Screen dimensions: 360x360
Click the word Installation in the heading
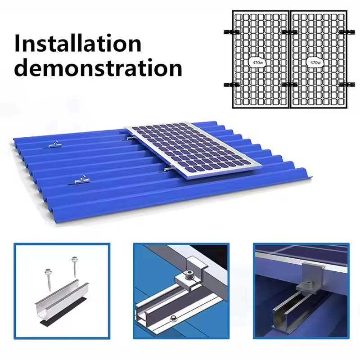[77, 44]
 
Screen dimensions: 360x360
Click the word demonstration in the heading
[98, 68]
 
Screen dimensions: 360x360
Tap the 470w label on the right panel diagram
[315, 63]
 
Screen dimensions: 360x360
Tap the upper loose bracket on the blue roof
[54, 145]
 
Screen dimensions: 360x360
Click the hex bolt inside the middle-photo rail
[173, 318]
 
